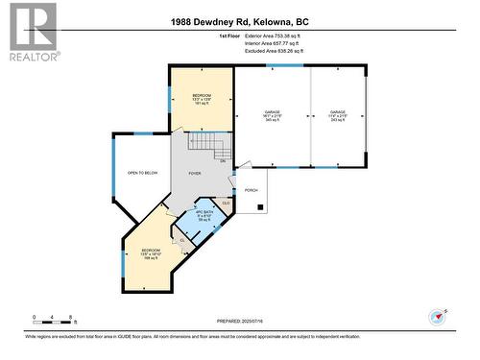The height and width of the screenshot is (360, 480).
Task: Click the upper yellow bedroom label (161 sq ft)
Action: (x=202, y=97)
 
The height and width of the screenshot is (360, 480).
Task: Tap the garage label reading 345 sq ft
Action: (x=273, y=116)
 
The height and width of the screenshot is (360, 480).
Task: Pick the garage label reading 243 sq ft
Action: (x=337, y=116)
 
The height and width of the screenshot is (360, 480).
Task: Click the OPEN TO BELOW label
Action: (x=142, y=173)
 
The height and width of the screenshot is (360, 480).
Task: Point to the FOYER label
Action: (x=194, y=174)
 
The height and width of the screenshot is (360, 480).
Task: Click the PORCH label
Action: (x=252, y=190)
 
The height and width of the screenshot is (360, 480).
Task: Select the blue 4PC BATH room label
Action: (x=204, y=215)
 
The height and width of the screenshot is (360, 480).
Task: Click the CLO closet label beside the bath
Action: (x=226, y=203)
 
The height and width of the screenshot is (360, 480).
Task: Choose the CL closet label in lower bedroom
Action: (x=181, y=240)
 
